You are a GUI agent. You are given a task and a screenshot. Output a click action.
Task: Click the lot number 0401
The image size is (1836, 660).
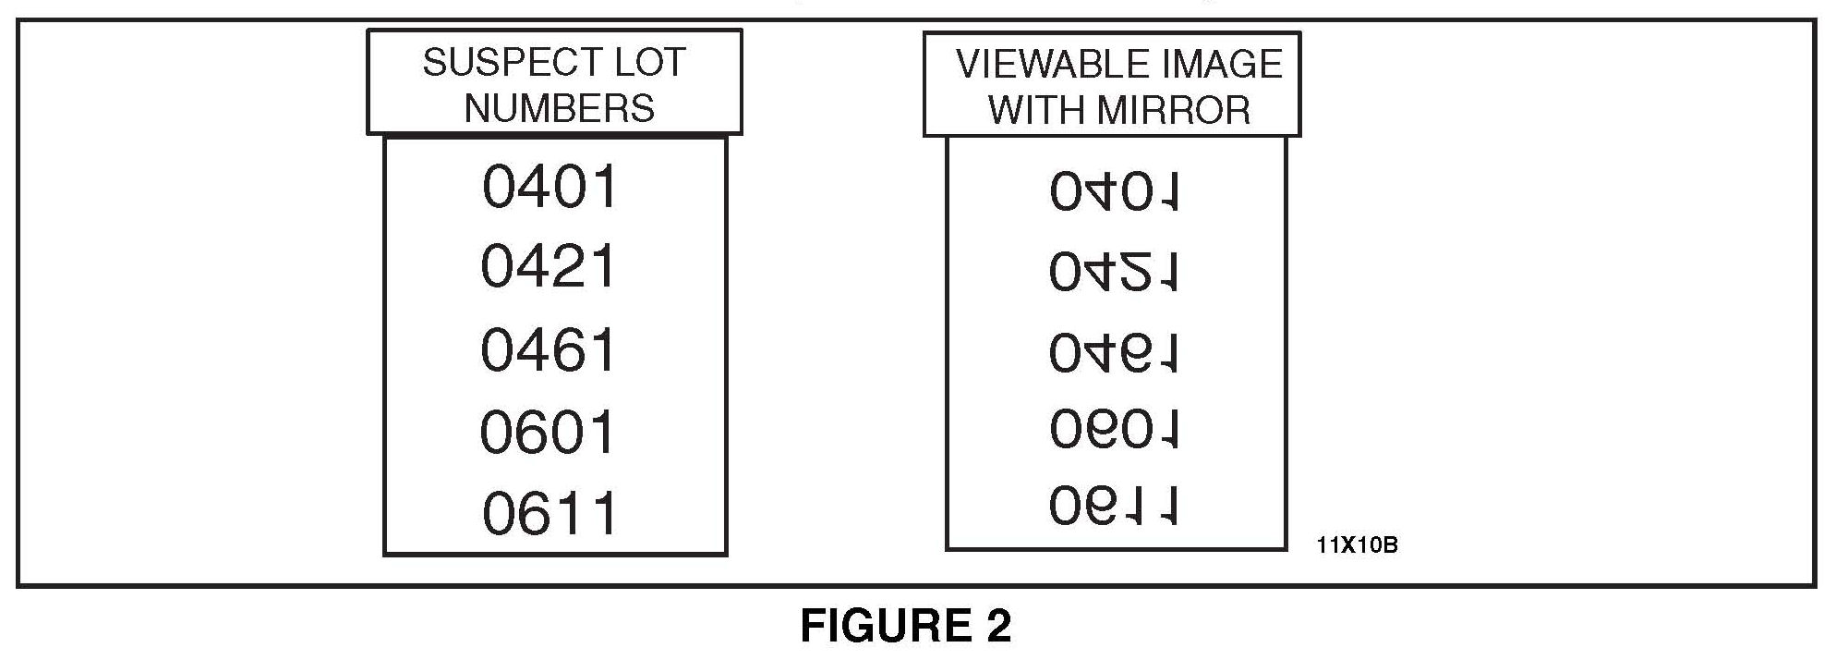pyautogui.click(x=550, y=187)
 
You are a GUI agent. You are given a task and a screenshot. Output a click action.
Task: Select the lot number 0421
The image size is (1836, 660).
pyautogui.click(x=549, y=267)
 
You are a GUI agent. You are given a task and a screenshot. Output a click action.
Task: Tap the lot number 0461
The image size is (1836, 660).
pyautogui.click(x=549, y=350)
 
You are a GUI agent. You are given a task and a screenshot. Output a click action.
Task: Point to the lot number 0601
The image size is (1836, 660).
pyautogui.click(x=548, y=432)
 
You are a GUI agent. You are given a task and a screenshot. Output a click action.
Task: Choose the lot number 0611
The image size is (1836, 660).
pyautogui.click(x=550, y=514)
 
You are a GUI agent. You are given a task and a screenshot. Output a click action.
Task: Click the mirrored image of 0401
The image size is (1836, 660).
pyautogui.click(x=1114, y=192)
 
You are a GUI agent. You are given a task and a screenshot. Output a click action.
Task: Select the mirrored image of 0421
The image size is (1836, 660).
pyautogui.click(x=1114, y=272)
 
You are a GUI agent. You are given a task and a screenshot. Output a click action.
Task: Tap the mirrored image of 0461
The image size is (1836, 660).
pyautogui.click(x=1114, y=352)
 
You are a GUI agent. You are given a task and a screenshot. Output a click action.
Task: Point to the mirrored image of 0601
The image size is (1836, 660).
pyautogui.click(x=1115, y=429)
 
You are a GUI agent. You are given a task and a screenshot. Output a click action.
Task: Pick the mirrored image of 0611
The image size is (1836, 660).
pyautogui.click(x=1114, y=506)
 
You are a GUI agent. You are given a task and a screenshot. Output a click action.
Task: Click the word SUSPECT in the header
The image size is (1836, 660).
pyautogui.click(x=498, y=63)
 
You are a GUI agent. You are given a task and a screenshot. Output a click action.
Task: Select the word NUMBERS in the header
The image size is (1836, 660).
pyautogui.click(x=559, y=108)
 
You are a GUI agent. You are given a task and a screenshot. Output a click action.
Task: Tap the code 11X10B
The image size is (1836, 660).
pyautogui.click(x=1357, y=545)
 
